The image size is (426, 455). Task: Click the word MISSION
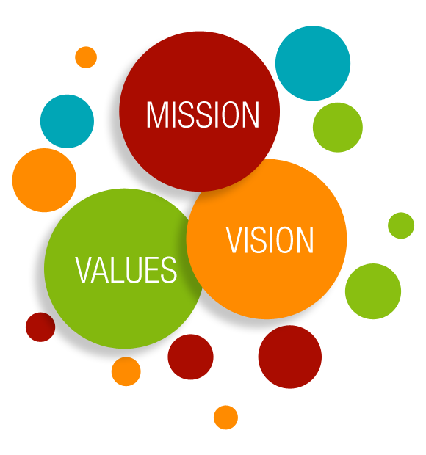pyautogui.click(x=203, y=114)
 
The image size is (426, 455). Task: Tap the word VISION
pyautogui.click(x=270, y=240)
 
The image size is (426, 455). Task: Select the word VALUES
pyautogui.click(x=126, y=270)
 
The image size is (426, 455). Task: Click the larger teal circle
pyautogui.click(x=313, y=63)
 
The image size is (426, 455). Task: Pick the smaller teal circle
pyautogui.click(x=67, y=121)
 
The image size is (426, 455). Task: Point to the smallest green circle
pyautogui.click(x=401, y=225)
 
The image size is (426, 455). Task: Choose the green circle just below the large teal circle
pyautogui.click(x=338, y=128)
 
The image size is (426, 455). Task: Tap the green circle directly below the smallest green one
pyautogui.click(x=373, y=291)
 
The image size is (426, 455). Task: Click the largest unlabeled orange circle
pyautogui.click(x=44, y=181)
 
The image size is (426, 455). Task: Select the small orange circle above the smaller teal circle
pyautogui.click(x=86, y=57)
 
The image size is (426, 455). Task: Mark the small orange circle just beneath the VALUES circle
pyautogui.click(x=126, y=371)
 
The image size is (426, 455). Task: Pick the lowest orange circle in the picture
pyautogui.click(x=225, y=418)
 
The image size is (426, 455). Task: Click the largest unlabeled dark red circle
pyautogui.click(x=290, y=357)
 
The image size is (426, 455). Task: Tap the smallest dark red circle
pyautogui.click(x=40, y=327)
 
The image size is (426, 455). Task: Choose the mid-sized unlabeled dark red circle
pyautogui.click(x=190, y=357)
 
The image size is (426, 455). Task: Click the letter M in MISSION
pyautogui.click(x=156, y=114)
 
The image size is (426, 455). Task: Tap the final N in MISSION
pyautogui.click(x=250, y=114)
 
